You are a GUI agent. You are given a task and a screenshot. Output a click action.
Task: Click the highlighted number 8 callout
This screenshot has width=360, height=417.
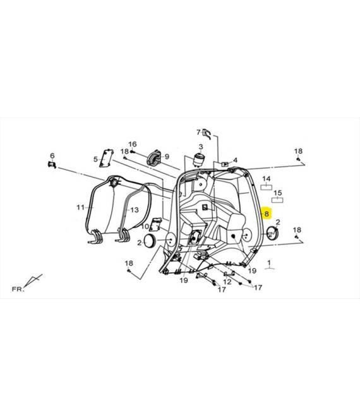click(x=267, y=214)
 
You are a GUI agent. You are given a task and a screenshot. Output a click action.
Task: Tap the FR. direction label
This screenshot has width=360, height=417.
click(x=18, y=289)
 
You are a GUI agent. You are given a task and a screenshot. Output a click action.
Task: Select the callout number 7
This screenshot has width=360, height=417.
click(x=198, y=132)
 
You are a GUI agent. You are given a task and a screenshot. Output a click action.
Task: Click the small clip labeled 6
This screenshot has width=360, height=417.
click(x=52, y=165)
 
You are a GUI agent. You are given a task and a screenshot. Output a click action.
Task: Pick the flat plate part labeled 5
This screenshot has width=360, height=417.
click(x=106, y=158)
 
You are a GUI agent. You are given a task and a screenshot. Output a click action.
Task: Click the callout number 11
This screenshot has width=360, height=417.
click(x=80, y=207)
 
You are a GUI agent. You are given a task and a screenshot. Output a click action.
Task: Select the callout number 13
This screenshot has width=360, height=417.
click(x=135, y=210)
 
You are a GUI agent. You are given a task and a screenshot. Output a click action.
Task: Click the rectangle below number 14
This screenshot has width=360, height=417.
click(x=266, y=187)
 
